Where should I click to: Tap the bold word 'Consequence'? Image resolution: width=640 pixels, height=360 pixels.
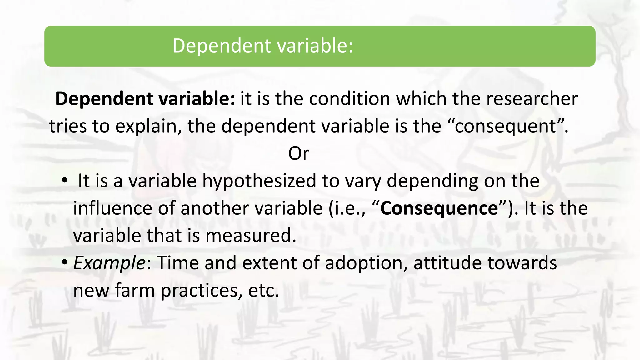point(439,208)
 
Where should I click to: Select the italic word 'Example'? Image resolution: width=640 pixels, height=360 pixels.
point(109,263)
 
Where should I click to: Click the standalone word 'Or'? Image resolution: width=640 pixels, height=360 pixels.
point(299,153)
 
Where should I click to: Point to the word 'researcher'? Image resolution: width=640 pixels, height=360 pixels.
point(532,99)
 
